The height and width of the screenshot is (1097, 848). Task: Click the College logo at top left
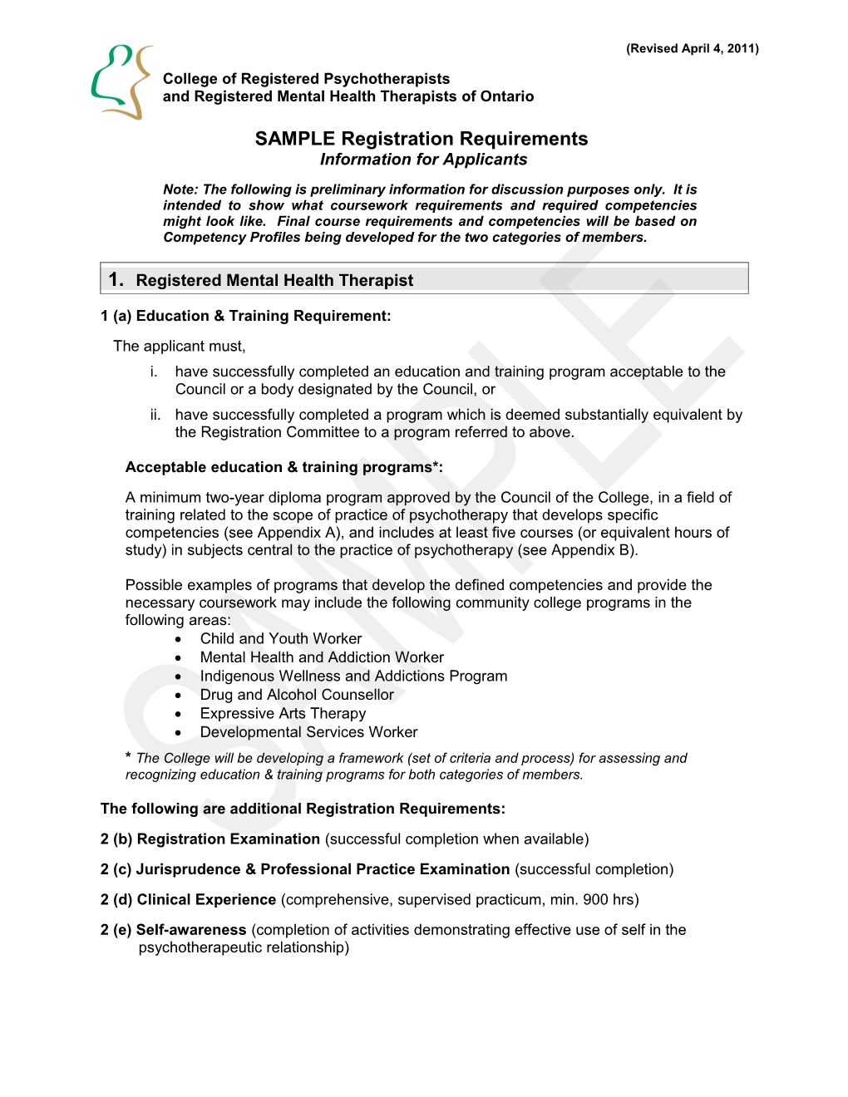click(121, 82)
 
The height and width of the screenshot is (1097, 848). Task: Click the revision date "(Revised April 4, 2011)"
click(692, 48)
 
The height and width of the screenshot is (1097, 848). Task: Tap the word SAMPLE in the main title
click(295, 139)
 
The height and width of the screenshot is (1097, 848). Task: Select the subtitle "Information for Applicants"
click(423, 160)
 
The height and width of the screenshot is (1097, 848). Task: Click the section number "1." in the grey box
click(116, 280)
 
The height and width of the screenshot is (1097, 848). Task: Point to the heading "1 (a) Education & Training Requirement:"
click(245, 316)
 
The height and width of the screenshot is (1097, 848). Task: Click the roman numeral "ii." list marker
click(155, 415)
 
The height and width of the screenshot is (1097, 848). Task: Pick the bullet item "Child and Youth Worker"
click(280, 638)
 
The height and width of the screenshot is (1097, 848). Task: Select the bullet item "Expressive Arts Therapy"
click(283, 713)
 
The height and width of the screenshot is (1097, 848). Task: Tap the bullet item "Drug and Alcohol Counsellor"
click(297, 695)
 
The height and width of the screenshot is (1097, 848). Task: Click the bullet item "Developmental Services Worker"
click(308, 732)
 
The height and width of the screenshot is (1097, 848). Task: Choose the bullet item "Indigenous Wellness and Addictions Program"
click(353, 676)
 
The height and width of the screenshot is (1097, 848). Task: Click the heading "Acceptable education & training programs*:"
click(283, 467)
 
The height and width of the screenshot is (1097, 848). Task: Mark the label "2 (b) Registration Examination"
click(210, 839)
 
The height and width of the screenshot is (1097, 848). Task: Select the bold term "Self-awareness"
click(191, 930)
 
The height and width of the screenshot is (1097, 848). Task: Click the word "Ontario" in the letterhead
click(506, 96)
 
